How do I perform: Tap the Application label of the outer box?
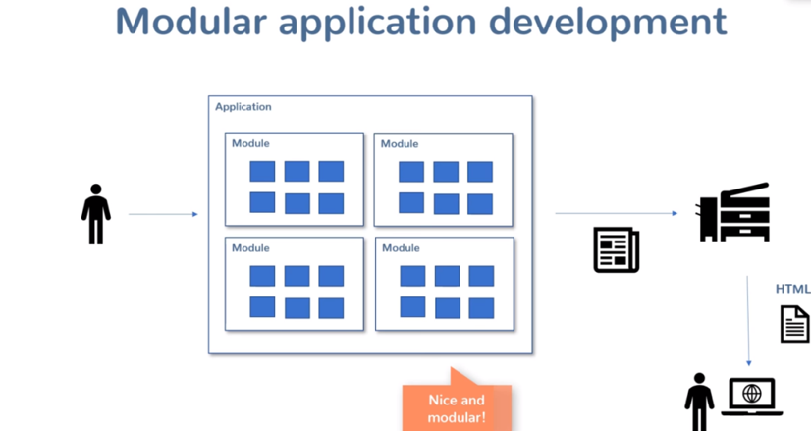point(243,107)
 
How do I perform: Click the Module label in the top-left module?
point(250,144)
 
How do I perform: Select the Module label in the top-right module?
point(400,144)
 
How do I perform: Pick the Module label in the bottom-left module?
point(250,248)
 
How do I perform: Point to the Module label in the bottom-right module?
point(401,248)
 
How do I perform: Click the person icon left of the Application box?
point(95,213)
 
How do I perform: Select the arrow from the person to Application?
point(163,214)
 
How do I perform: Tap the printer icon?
point(733,212)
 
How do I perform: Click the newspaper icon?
point(617,249)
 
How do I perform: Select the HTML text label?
point(793,289)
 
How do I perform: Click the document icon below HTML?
point(794,323)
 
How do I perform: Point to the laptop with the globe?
point(752,396)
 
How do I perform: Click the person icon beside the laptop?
point(699,401)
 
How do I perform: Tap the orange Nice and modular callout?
point(457,405)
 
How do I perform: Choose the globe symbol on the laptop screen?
point(752,393)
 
